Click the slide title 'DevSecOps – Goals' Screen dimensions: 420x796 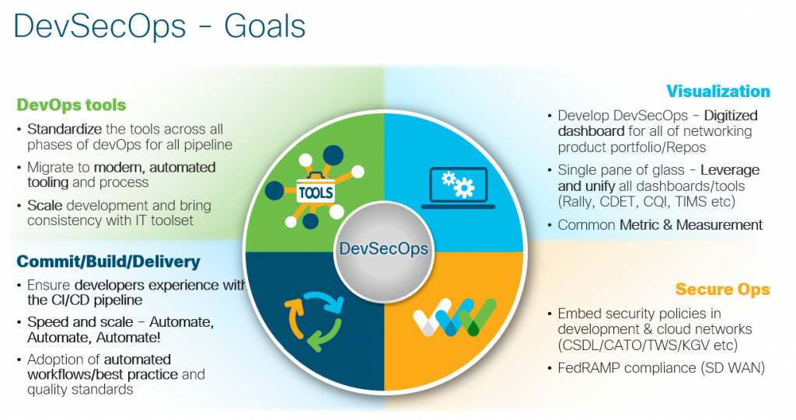(x=159, y=27)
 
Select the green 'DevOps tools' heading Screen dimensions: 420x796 (x=71, y=104)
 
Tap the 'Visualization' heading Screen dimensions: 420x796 (x=717, y=91)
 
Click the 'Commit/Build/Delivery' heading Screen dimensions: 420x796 (x=108, y=262)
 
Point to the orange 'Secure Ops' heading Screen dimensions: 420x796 (x=722, y=290)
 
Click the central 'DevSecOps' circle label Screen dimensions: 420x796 (x=383, y=249)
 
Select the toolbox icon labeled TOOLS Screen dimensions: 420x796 (x=315, y=191)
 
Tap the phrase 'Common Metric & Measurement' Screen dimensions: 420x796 (x=660, y=225)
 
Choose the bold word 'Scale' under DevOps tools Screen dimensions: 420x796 (x=44, y=206)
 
